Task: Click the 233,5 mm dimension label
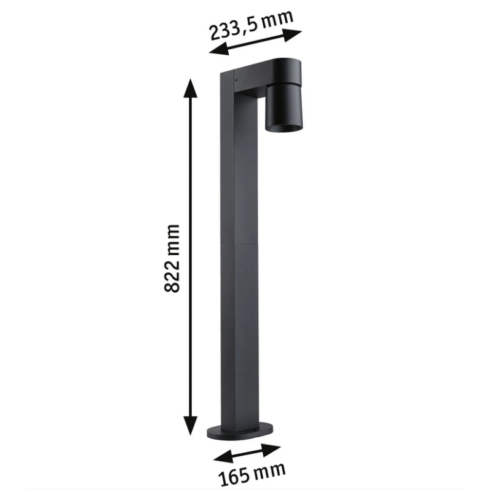coord(252,25)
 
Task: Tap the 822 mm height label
coord(172,258)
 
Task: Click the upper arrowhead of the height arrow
coord(190,89)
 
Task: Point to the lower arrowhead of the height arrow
coord(191,425)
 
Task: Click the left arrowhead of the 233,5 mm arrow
coord(219,50)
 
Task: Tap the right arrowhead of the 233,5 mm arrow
coord(292,35)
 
